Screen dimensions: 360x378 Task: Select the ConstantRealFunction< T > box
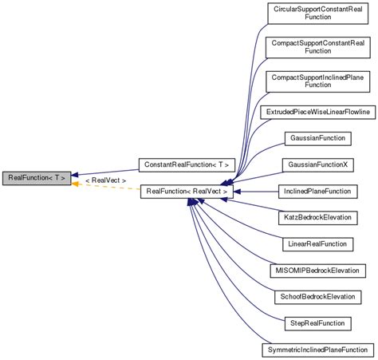(x=187, y=165)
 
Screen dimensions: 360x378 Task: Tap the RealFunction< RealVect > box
(x=187, y=192)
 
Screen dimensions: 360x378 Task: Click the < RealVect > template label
(x=105, y=181)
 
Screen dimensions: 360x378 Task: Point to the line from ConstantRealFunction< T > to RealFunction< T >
(x=108, y=171)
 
